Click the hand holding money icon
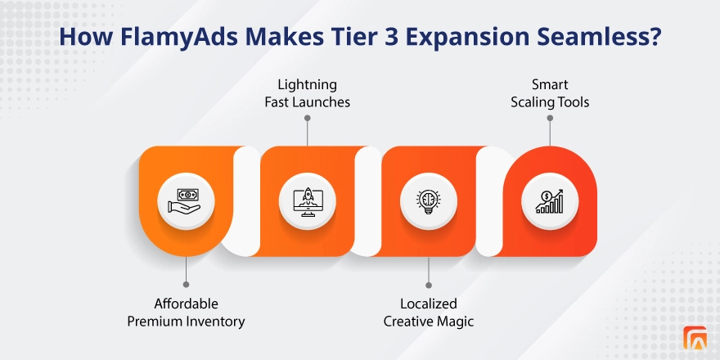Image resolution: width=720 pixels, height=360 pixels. click(187, 200)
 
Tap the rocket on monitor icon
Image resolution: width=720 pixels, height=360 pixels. click(308, 200)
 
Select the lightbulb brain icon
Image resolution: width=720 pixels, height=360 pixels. click(429, 200)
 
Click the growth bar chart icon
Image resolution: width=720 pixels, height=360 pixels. click(550, 200)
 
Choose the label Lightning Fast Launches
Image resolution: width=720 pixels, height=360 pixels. click(308, 92)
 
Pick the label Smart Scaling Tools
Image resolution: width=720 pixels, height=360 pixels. click(550, 92)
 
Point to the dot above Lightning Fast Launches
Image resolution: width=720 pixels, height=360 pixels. click(308, 118)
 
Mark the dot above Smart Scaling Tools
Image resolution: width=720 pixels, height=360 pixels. click(550, 118)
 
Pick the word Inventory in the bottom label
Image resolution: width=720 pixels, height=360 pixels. click(214, 322)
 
